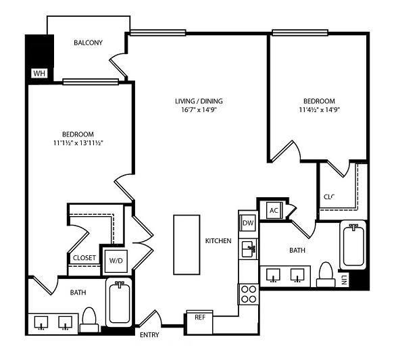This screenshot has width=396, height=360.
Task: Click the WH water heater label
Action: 38,73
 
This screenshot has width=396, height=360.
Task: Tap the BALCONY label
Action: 88,43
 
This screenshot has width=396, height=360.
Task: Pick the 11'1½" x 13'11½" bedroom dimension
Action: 78,143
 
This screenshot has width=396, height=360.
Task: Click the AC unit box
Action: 274,210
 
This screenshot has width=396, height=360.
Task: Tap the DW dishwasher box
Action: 248,223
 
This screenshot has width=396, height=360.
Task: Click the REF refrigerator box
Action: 199,317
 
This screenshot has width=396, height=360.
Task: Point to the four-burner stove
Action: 248,294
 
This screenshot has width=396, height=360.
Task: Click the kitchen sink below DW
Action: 248,249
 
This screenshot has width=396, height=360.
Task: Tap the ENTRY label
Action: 149,334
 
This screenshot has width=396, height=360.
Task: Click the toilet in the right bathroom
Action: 326,272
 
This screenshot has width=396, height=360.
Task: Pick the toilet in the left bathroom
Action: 89,319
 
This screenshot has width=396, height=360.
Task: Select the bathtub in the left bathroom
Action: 120,304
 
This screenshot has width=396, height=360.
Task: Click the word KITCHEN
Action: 218,241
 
